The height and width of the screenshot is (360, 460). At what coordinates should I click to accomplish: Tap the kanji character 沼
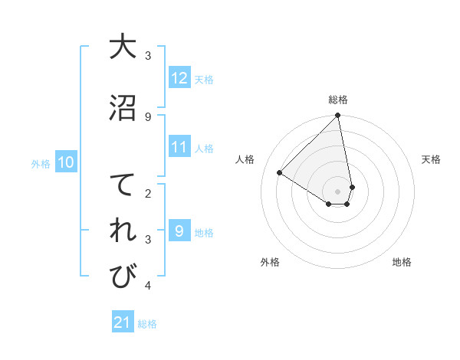123,107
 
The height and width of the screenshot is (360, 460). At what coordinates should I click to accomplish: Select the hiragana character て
123,186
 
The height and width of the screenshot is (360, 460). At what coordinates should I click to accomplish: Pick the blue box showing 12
179,78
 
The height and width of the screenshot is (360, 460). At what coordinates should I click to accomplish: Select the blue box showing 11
179,148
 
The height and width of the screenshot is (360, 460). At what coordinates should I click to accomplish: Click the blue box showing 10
65,162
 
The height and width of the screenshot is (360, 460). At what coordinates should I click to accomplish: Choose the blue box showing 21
123,323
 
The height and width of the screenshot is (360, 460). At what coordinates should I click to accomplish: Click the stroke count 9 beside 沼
148,116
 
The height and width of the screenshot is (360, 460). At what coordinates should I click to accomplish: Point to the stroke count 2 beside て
148,194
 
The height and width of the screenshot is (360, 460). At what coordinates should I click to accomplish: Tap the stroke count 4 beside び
148,286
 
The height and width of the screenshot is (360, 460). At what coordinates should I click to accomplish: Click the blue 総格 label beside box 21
147,324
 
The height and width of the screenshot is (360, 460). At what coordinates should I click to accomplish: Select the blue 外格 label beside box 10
41,163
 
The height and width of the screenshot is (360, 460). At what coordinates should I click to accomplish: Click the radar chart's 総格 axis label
338,100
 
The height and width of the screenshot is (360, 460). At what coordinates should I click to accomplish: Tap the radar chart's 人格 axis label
245,159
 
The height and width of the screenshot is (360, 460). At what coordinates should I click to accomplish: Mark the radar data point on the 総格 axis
338,116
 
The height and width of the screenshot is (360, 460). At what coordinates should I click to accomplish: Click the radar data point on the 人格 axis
280,173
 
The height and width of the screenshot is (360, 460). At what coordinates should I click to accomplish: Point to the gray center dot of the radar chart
338,190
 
